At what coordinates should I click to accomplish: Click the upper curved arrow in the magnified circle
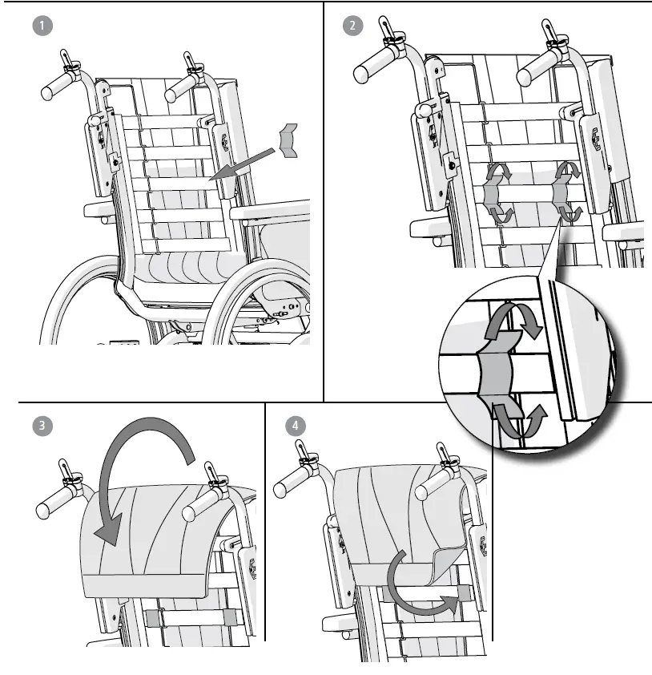[513, 321]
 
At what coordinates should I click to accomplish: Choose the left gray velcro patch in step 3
[153, 617]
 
